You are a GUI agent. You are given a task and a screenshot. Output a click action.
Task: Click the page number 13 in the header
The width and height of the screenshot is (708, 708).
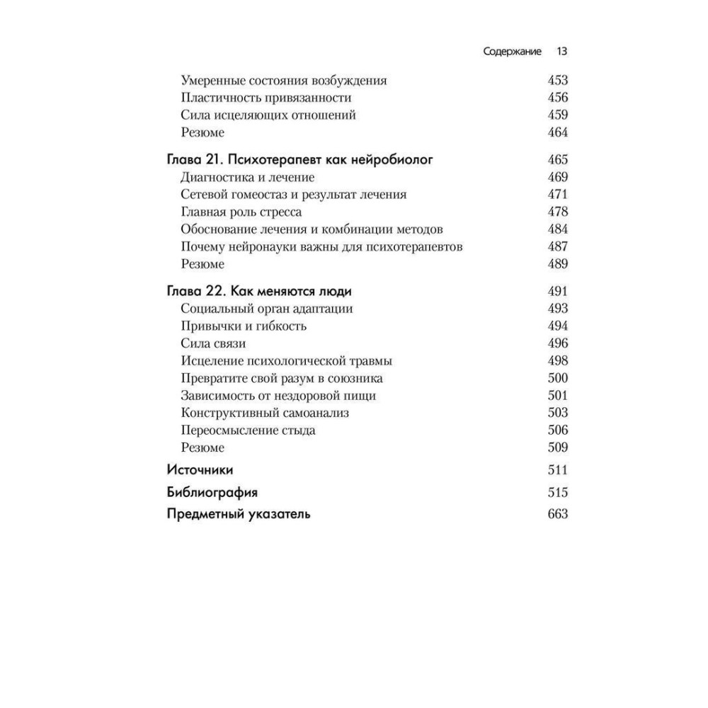point(562,52)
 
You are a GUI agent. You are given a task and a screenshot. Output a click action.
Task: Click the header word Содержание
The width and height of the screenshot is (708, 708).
point(513,52)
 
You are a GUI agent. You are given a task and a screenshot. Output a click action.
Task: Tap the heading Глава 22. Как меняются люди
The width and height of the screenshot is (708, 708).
point(259,291)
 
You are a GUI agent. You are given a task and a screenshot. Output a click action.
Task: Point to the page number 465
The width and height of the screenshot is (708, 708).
point(558,160)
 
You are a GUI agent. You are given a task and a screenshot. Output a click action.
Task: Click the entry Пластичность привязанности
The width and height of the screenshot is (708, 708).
point(265,98)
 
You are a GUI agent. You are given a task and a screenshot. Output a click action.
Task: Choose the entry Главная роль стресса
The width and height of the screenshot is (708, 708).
point(241,212)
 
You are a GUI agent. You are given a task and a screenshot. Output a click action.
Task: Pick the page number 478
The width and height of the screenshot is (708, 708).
point(558,212)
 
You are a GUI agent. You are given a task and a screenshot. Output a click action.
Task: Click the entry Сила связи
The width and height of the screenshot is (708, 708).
point(213,343)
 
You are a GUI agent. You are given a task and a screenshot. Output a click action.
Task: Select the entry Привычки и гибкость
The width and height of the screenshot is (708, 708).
point(244,326)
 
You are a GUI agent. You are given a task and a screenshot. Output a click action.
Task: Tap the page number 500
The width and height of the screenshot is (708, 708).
point(558,378)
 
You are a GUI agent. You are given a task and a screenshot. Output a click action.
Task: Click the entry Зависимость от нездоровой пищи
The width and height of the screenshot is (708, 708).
point(278,396)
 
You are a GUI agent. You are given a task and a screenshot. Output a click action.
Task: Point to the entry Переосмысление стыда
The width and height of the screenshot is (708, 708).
point(248,430)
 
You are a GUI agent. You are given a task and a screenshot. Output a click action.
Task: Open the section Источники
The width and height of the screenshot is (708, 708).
point(200,469)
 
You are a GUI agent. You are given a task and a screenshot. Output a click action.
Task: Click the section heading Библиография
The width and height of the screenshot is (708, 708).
point(212,492)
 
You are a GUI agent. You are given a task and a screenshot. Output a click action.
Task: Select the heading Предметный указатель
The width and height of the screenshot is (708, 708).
point(239,515)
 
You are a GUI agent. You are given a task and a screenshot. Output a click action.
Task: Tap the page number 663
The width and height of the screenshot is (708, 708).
point(558,515)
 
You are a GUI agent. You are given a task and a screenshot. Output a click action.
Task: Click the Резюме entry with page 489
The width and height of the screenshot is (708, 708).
point(202,264)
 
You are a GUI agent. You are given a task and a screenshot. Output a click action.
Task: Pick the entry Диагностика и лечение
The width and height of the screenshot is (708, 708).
point(247,177)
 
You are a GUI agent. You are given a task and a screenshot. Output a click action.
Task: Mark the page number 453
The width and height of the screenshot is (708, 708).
point(558,81)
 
